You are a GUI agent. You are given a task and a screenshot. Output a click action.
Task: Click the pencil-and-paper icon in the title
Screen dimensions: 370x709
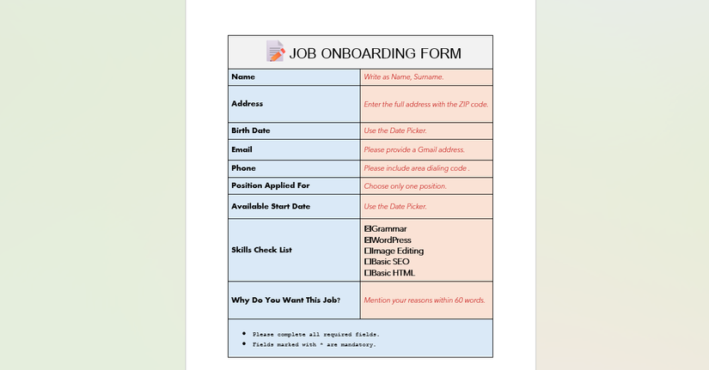tap(275, 52)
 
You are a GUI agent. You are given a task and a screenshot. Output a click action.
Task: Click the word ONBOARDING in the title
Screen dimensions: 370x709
tap(360, 53)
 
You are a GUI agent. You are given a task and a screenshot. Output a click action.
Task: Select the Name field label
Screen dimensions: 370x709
tap(243, 77)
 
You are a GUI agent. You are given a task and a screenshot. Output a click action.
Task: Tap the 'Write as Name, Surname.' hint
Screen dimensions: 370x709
tap(404, 77)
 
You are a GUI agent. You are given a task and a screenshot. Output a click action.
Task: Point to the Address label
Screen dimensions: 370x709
tap(248, 104)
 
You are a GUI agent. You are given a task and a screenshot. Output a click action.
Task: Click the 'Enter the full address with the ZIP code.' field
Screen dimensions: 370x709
tap(426, 104)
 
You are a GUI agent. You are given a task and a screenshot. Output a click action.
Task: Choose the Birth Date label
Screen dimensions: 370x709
tap(251, 130)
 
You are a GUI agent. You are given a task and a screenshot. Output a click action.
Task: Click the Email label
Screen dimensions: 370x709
tap(241, 149)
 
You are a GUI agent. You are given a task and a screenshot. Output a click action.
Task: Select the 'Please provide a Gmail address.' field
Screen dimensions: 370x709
tap(414, 149)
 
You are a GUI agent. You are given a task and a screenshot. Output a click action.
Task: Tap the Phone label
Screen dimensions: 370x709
tap(243, 168)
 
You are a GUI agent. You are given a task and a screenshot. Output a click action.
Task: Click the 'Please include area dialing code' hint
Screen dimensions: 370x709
tap(416, 168)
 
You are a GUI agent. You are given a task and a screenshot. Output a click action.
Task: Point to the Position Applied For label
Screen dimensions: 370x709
tap(271, 185)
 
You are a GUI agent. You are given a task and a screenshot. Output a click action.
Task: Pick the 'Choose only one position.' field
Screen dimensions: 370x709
tap(406, 185)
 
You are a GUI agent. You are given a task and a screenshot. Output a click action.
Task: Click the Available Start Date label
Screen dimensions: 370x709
tap(271, 206)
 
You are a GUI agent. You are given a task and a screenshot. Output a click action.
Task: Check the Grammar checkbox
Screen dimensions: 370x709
tap(369, 229)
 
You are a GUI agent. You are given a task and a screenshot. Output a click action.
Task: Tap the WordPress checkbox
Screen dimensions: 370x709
tap(369, 240)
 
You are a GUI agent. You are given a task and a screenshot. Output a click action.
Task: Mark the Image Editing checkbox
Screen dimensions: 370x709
tap(369, 251)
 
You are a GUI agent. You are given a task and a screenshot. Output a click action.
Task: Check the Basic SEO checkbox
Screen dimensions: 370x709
tap(369, 262)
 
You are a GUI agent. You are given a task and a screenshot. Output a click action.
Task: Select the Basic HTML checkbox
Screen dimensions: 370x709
tap(369, 273)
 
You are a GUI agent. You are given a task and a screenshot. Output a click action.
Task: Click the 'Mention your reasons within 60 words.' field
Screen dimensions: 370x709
tap(425, 300)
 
